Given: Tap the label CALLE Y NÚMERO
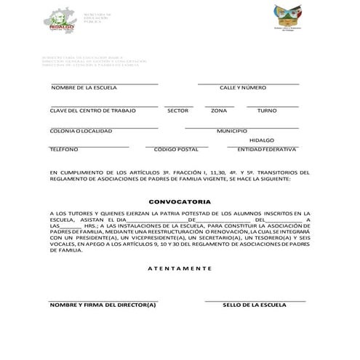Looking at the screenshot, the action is coord(243,87).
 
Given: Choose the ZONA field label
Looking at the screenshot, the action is coord(219,111).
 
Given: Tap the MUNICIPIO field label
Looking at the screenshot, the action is coord(232,131).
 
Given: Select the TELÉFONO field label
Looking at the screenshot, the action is coord(64,149).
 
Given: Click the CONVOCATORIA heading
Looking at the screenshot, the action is coord(180,201).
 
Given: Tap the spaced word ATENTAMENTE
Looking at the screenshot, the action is coord(180,268).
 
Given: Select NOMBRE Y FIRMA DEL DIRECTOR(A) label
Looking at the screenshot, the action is coord(103,305).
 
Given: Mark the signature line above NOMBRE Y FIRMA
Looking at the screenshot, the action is coord(103,300).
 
